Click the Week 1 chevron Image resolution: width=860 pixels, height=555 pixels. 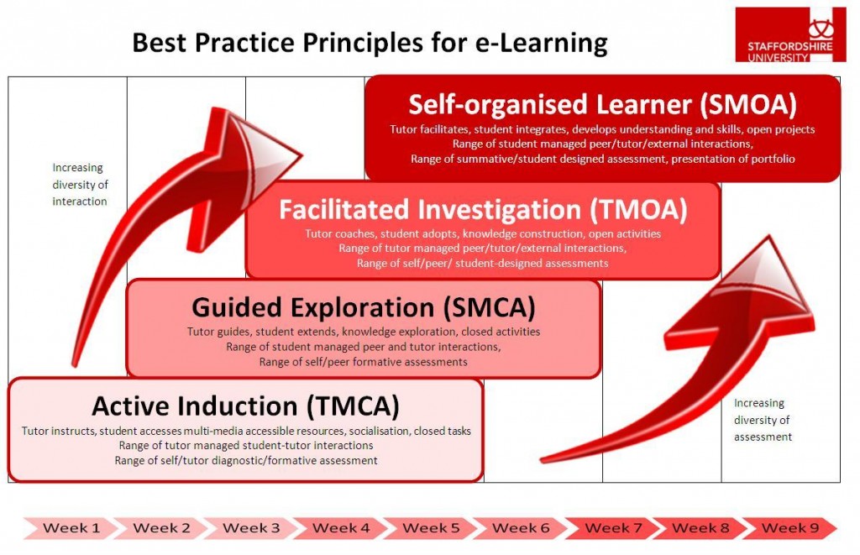click(71, 528)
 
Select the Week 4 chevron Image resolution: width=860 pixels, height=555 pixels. click(341, 528)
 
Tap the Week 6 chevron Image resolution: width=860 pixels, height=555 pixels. click(521, 528)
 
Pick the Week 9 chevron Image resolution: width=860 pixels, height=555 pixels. click(790, 528)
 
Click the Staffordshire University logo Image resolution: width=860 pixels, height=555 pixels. click(784, 35)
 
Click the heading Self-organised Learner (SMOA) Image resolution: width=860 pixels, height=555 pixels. click(602, 105)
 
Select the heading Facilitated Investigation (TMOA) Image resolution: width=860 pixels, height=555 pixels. click(483, 209)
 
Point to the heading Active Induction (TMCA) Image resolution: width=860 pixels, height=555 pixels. click(245, 406)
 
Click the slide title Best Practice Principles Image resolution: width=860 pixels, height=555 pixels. click(370, 42)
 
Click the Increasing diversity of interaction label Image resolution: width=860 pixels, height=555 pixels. click(80, 185)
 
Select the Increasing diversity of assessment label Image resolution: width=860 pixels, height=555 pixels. click(763, 420)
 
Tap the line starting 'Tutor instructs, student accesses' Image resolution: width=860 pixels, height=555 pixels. click(246, 431)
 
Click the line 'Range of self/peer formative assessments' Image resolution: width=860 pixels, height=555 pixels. click(363, 362)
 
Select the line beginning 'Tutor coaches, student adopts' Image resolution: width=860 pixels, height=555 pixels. click(483, 233)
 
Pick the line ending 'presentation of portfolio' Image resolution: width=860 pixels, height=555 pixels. click(602, 158)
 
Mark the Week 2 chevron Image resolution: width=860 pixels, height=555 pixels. click(161, 528)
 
